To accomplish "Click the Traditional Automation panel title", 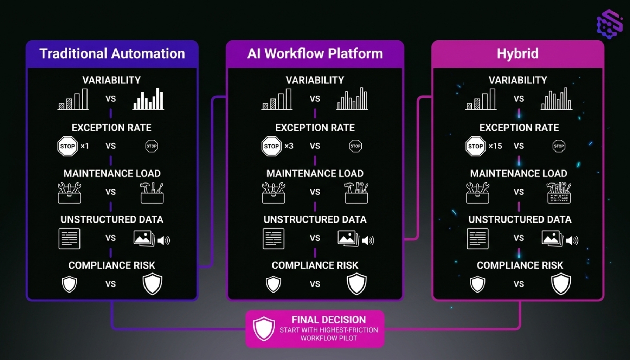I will point(112,54).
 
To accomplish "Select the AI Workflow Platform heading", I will point(315,54).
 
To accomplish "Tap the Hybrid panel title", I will point(517,54).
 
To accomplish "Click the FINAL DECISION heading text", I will point(329,320).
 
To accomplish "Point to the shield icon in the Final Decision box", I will point(264,328).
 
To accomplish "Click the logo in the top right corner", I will point(610,24).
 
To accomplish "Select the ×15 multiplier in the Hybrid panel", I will point(495,146).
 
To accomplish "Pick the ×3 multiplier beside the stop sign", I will point(289,146).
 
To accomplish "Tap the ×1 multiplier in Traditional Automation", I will point(85,146).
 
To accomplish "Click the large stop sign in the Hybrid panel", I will point(475,146).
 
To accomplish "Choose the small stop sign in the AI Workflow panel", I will point(355,146).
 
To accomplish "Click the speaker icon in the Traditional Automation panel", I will point(163,240).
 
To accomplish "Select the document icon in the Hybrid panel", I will point(477,238).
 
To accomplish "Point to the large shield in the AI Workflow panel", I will point(356,284).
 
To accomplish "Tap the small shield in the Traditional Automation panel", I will point(69,284).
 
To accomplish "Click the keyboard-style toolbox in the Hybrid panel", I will point(559,193).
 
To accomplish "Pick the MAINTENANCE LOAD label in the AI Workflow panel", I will point(315,173).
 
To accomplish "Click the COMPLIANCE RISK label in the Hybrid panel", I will point(520,265).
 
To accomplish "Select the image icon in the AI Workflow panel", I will point(348,238).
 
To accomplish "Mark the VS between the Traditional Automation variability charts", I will point(111,99).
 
